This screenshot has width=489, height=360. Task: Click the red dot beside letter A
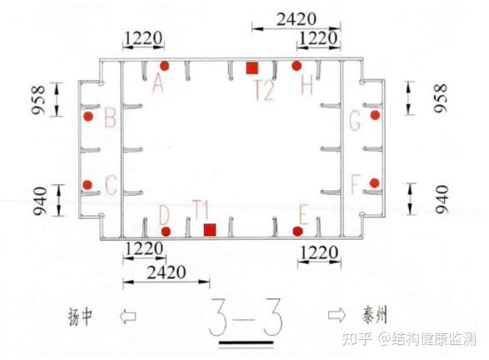coord(164,66)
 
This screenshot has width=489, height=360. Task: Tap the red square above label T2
coord(252,68)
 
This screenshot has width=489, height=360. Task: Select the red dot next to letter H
coord(297,66)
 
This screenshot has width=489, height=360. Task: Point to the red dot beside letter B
coord(88,117)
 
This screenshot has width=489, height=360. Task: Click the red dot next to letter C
coord(87,185)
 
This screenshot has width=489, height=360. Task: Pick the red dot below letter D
coord(166,232)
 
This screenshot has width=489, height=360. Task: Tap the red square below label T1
coord(210,230)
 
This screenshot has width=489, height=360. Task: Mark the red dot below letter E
coord(298,231)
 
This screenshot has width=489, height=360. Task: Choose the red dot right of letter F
coord(375,183)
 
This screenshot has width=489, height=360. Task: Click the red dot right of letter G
coord(375,115)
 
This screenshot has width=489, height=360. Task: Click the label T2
coord(265,90)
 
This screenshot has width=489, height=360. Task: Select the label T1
coord(201,210)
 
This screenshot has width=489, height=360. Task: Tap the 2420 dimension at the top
coord(297,19)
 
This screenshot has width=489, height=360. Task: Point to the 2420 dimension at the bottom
coord(167,272)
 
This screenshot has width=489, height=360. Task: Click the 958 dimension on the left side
coord(38,99)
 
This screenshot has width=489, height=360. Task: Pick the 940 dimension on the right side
coord(442,198)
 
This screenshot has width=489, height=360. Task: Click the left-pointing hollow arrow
coord(128,317)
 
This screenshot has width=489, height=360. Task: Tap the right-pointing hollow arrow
coord(337,315)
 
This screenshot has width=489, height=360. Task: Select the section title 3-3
coord(246,317)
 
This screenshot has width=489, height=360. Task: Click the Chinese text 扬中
coord(80,317)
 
